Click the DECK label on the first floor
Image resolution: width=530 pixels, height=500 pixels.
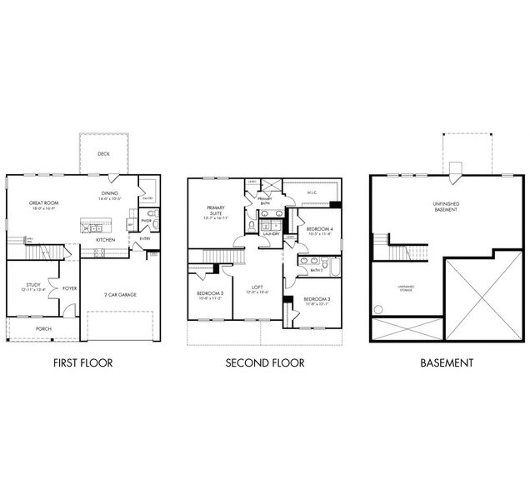(x=103, y=152)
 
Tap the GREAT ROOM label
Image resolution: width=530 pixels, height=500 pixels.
(x=42, y=202)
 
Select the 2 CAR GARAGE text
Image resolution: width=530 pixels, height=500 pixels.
(x=121, y=294)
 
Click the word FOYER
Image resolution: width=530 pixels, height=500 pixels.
(x=70, y=288)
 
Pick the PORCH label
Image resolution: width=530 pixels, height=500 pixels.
(x=43, y=328)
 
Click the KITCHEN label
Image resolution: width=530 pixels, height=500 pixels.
(x=105, y=239)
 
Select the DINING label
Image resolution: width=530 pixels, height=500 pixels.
(x=109, y=193)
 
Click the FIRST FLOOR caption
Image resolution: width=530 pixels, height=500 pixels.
(x=82, y=362)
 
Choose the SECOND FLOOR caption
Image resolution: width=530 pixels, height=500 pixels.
(x=264, y=362)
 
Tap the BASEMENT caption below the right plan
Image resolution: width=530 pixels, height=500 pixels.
(x=447, y=362)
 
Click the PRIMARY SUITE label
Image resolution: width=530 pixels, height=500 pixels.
(x=205, y=210)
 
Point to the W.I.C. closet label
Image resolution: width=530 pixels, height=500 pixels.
(x=312, y=192)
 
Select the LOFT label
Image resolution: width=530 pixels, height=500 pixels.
(x=258, y=287)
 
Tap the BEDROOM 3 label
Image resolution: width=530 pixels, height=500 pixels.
(x=316, y=298)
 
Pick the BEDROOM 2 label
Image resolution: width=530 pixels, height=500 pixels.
(x=210, y=293)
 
